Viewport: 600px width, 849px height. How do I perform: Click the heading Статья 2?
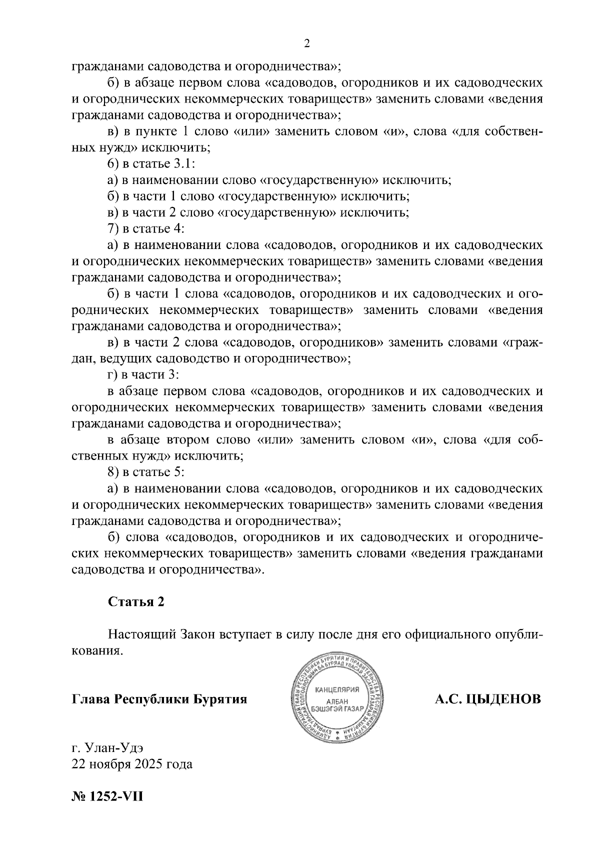[x=136, y=602]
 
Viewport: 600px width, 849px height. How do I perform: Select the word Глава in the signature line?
[x=92, y=698]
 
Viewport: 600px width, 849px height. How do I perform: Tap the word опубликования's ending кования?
[x=96, y=651]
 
